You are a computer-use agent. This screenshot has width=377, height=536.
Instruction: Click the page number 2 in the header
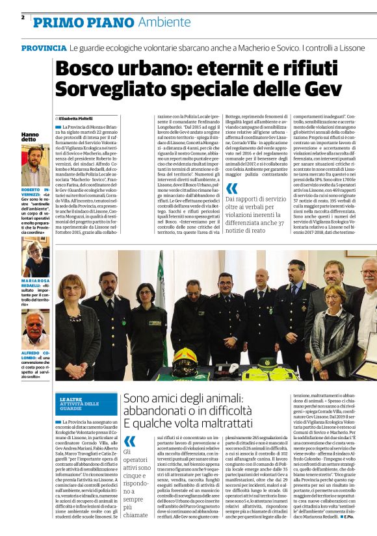pos(23,18)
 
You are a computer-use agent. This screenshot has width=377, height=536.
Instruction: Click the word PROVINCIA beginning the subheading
pos(44,49)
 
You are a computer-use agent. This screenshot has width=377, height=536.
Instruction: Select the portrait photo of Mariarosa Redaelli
pos(34,259)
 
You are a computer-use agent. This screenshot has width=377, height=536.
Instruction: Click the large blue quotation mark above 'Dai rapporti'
pos(231,189)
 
